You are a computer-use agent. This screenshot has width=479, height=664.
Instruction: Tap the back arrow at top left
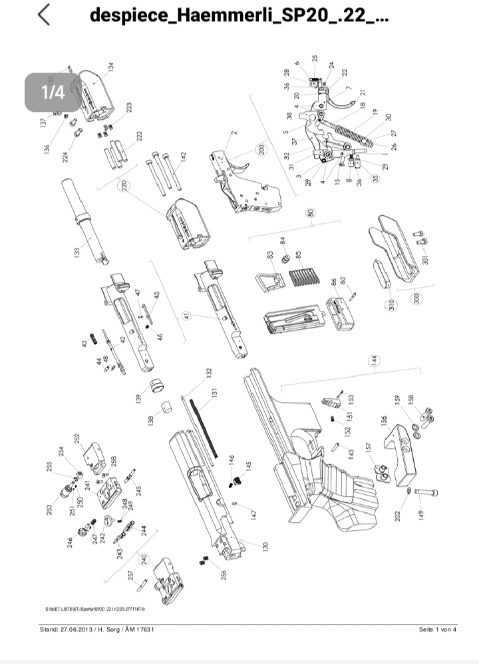click(44, 15)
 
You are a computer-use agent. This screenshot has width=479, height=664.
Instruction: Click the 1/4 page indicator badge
click(53, 91)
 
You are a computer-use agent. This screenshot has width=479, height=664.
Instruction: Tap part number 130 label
click(265, 545)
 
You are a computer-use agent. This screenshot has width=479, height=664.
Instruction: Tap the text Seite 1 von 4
click(438, 629)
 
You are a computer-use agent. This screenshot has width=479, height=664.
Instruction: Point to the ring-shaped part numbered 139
click(157, 386)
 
